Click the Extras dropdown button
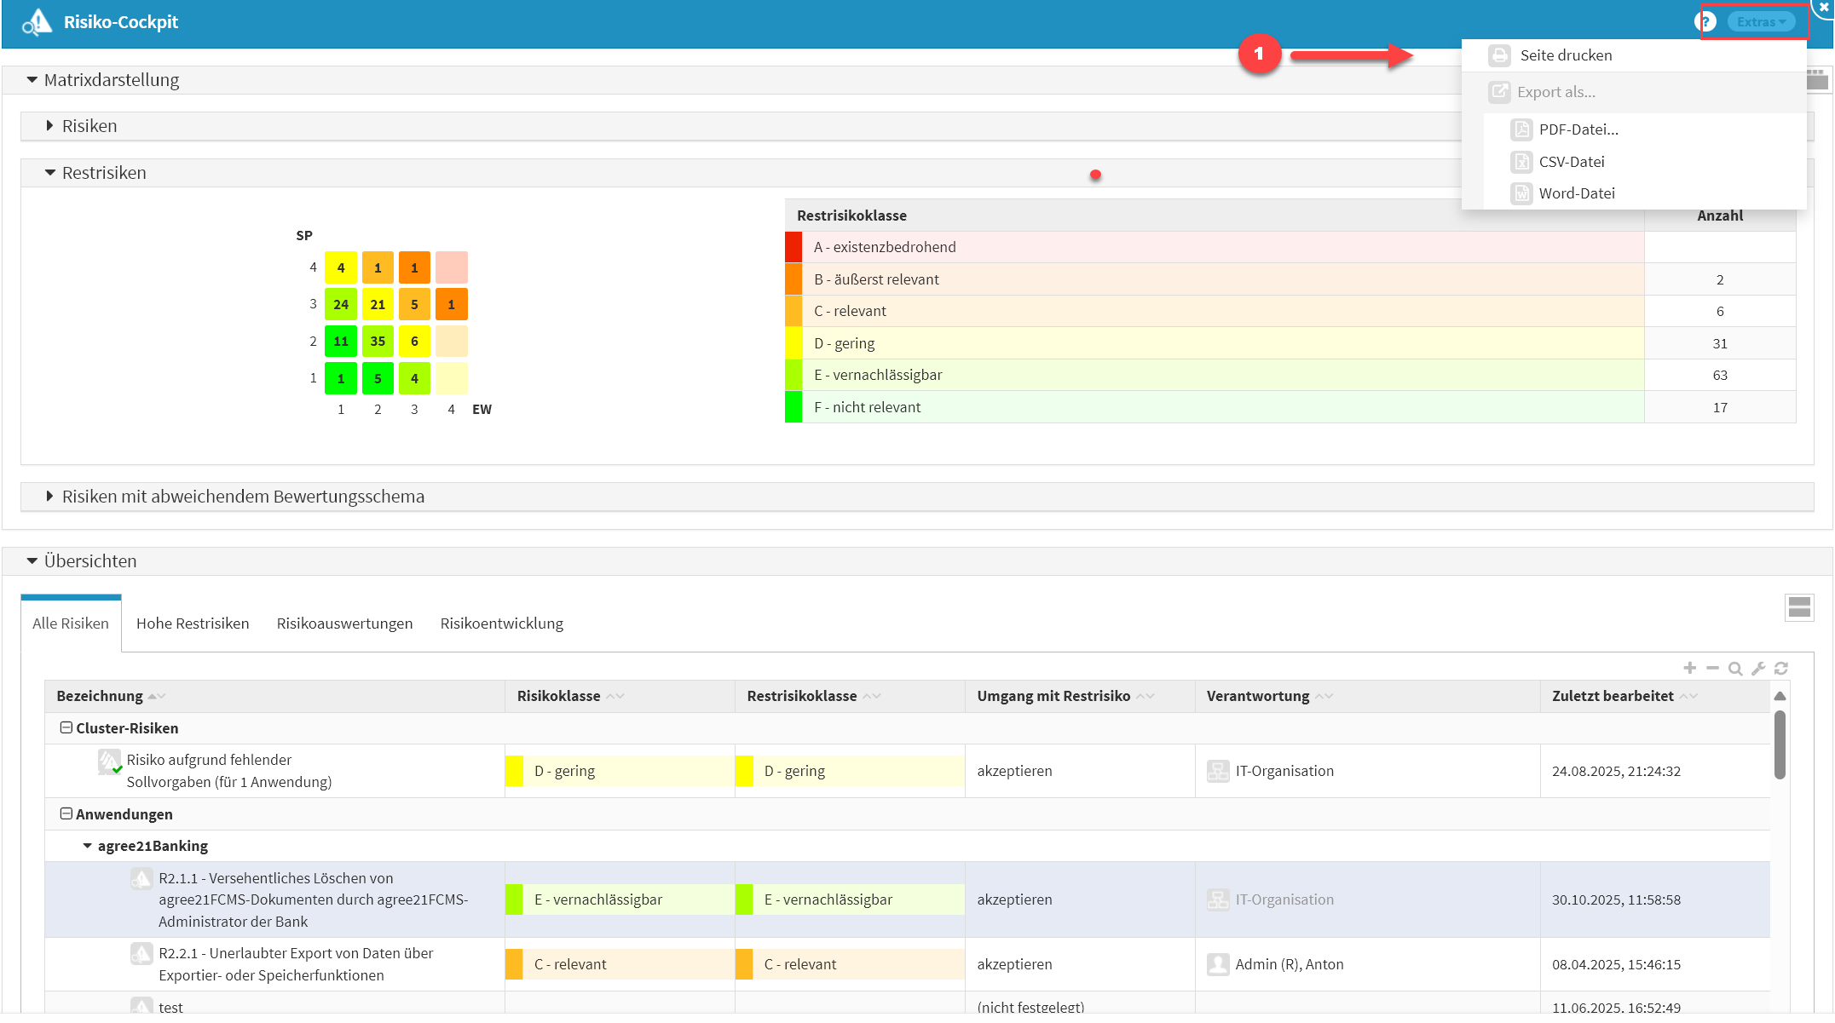1760,22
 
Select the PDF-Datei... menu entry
1578,129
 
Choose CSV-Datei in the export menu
1571,162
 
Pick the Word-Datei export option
1576,193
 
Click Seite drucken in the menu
1565,55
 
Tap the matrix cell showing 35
378,342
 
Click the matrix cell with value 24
341,304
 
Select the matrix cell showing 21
378,304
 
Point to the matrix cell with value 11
341,342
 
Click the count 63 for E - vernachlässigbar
1719,376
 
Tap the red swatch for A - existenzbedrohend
793,247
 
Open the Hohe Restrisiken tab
193,624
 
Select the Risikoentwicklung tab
501,624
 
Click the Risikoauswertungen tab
344,624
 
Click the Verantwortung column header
1257,697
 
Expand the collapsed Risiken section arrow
49,126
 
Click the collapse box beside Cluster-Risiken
66,728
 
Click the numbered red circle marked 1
1259,54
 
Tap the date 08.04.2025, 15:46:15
1615,965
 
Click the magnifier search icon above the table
1734,669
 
